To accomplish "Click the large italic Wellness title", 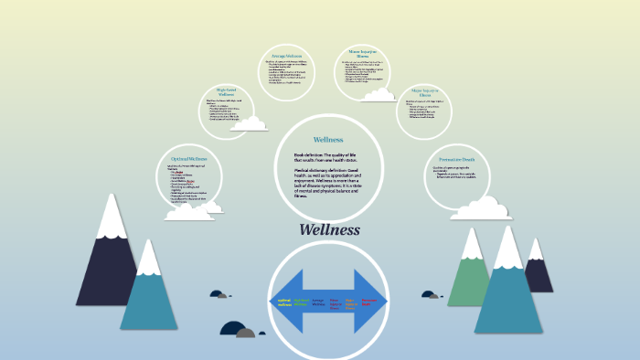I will (329, 230).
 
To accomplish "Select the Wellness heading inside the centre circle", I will (327, 140).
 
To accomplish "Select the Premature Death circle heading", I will (457, 159).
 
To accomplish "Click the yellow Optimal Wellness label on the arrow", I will (284, 302).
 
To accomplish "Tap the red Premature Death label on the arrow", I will (368, 302).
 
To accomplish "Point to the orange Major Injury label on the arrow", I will (351, 302).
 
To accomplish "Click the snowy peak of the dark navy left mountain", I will (112, 215).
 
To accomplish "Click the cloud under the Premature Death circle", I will (480, 209).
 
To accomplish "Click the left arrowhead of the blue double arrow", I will (280, 302).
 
